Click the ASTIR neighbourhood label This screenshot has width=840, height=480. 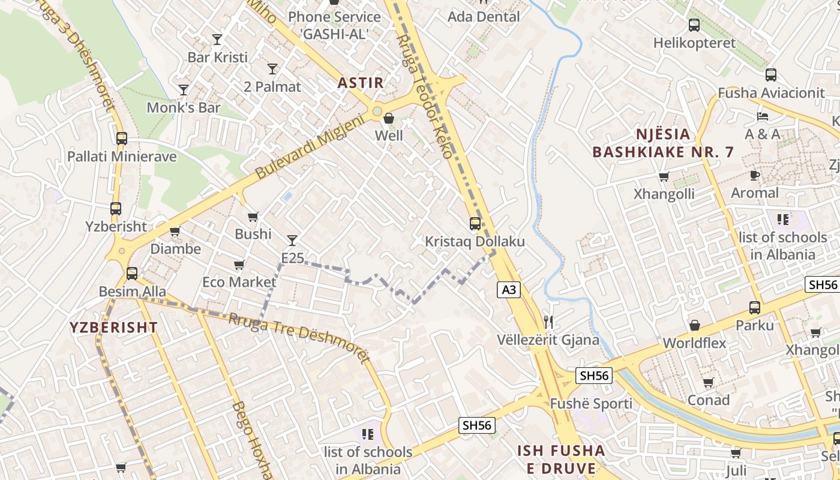click(x=361, y=83)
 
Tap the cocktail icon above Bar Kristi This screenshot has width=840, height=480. click(x=217, y=40)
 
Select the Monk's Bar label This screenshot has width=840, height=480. click(x=184, y=108)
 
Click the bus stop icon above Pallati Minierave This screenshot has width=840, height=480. click(x=122, y=139)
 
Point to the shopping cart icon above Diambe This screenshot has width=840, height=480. click(x=175, y=231)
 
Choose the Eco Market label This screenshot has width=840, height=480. click(x=239, y=282)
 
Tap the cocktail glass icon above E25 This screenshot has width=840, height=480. click(x=292, y=241)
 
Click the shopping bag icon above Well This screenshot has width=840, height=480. click(x=389, y=118)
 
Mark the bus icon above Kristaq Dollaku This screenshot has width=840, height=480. click(x=475, y=224)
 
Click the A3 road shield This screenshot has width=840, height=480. click(x=508, y=290)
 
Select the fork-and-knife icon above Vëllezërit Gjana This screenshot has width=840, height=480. click(x=548, y=322)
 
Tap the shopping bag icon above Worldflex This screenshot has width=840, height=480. click(x=694, y=325)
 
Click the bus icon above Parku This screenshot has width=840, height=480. click(x=755, y=308)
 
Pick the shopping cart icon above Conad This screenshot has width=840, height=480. click(x=709, y=382)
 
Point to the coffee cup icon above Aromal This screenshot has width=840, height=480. click(x=755, y=175)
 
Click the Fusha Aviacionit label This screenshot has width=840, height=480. click(x=771, y=93)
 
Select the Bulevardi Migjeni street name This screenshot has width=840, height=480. click(x=310, y=148)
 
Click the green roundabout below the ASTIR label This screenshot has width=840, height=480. click(x=377, y=111)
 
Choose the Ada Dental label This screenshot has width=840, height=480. click(x=484, y=17)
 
